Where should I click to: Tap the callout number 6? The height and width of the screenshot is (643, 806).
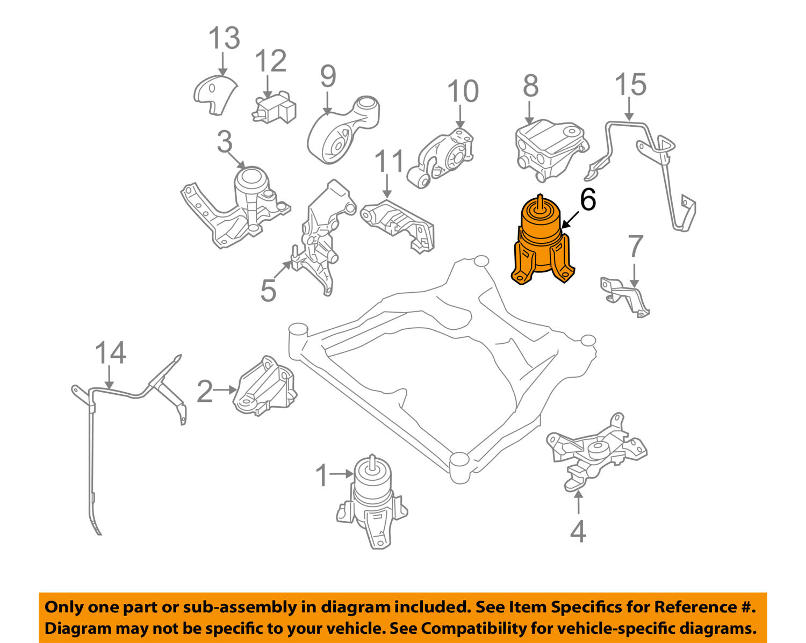tap(588, 200)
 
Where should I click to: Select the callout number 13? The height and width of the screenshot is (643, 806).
tap(224, 38)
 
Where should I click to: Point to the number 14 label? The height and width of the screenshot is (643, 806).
tap(111, 353)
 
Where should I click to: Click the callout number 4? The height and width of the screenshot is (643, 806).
tap(578, 531)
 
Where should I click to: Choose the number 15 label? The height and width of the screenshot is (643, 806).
tap(630, 84)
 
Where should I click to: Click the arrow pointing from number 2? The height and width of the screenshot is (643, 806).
tap(225, 390)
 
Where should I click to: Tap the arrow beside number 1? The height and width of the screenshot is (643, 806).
tap(341, 474)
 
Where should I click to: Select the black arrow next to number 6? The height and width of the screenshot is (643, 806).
tap(570, 220)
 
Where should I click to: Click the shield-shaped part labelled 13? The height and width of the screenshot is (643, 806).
tap(214, 95)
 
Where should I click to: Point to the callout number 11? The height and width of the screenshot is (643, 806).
tap(389, 161)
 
